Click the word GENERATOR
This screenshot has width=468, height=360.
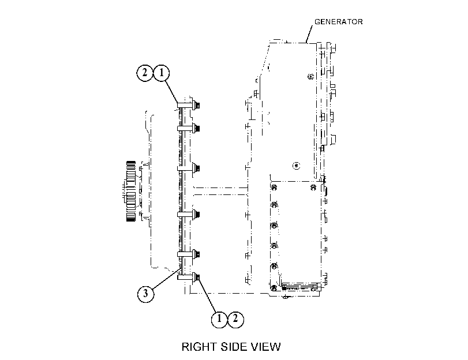click(339, 22)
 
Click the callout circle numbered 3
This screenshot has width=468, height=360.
click(145, 294)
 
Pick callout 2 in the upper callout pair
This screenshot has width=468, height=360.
click(145, 73)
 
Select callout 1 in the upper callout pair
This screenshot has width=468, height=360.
click(162, 73)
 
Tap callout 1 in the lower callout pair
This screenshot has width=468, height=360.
click(219, 319)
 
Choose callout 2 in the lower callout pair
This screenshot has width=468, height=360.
click(236, 319)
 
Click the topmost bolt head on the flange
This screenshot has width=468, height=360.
click(196, 105)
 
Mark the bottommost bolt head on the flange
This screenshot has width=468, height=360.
click(196, 277)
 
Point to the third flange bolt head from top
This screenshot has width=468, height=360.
click(196, 168)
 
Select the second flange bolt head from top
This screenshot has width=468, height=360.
click(196, 128)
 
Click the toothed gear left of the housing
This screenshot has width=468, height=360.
click(131, 192)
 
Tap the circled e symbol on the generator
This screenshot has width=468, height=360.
click(297, 165)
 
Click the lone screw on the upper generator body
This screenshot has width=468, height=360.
click(310, 76)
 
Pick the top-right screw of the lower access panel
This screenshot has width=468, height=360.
click(313, 187)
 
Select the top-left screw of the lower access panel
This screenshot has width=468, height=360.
click(274, 187)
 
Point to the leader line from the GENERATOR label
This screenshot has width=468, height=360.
click(309, 34)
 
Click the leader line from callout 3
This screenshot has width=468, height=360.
click(167, 279)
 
